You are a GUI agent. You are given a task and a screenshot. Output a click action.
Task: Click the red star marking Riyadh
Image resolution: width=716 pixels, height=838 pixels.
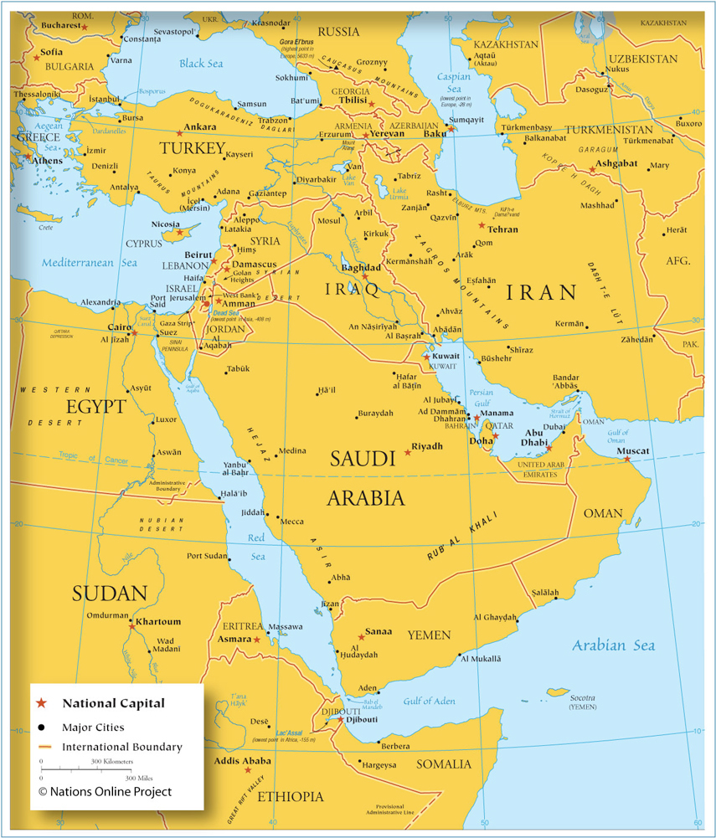point(408,452)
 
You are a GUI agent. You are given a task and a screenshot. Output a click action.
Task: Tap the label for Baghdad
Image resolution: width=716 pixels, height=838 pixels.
point(361,268)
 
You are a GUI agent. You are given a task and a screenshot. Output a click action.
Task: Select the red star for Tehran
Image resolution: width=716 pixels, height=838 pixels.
point(482,225)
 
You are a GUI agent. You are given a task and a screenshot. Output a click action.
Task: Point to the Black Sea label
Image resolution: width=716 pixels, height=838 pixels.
point(202,64)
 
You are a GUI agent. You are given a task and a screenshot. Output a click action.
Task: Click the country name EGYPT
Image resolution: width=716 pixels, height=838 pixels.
point(97,408)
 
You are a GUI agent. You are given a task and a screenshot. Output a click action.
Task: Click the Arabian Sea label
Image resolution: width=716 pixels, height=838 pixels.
point(613,645)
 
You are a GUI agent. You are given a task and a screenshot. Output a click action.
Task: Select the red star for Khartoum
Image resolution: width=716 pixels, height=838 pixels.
point(131,623)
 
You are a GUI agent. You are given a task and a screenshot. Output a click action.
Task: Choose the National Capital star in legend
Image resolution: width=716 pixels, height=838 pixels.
point(41,703)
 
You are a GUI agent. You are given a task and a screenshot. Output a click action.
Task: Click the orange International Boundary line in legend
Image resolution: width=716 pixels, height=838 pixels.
point(45,746)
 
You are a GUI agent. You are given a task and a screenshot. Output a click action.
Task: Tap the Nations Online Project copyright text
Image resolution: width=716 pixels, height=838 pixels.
point(105,791)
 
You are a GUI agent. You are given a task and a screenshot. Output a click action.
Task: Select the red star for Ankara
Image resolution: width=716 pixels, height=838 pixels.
point(179,133)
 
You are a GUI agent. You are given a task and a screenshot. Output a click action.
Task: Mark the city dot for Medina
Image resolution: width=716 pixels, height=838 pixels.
point(275,455)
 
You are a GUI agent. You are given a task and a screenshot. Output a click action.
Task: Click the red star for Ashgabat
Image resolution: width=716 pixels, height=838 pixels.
point(592,170)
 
